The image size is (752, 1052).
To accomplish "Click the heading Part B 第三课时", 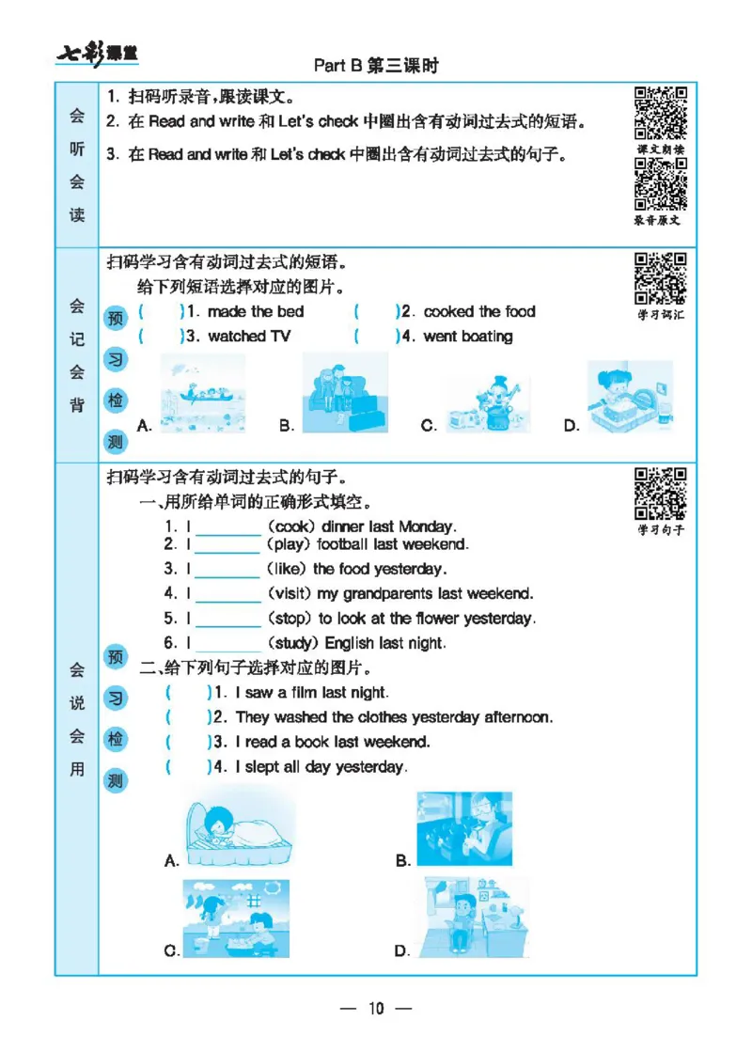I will click(376, 66).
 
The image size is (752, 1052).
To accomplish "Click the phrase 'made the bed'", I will click(255, 311).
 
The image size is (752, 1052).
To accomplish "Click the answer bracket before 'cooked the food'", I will click(377, 311).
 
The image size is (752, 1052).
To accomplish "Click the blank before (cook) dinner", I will click(227, 527).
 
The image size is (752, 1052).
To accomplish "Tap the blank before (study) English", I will click(227, 644).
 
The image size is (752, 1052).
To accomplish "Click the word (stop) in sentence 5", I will click(290, 619).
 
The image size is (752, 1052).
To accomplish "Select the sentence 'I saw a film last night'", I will click(311, 693).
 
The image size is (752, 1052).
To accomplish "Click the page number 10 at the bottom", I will click(376, 1009).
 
